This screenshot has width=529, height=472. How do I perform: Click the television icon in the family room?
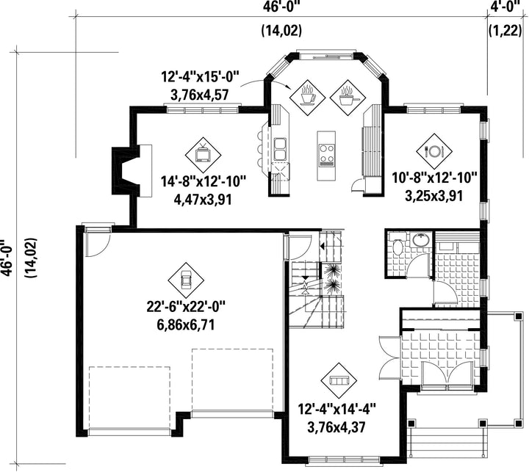pyautogui.click(x=203, y=155)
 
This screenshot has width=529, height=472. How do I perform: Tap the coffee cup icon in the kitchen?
pyautogui.click(x=307, y=97)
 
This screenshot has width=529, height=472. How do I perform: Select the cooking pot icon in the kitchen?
pyautogui.click(x=348, y=98)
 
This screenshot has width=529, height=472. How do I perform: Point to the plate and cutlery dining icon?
pyautogui.click(x=434, y=150)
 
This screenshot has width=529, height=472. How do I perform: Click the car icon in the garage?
pyautogui.click(x=186, y=280)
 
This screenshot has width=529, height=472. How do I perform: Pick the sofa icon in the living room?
pyautogui.click(x=339, y=380)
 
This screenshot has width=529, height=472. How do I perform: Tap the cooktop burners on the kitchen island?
pyautogui.click(x=327, y=154)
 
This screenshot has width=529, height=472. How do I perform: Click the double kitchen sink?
pyautogui.click(x=280, y=149)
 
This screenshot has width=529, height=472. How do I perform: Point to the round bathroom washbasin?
pyautogui.click(x=421, y=240)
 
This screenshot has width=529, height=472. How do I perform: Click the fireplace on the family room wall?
pyautogui.click(x=132, y=171)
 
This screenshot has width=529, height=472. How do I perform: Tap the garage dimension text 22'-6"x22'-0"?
pyautogui.click(x=186, y=307)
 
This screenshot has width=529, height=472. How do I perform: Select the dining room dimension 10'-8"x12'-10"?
pyautogui.click(x=434, y=178)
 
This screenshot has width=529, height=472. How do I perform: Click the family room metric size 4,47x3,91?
pyautogui.click(x=203, y=200)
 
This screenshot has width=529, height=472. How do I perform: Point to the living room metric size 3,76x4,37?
pyautogui.click(x=337, y=427)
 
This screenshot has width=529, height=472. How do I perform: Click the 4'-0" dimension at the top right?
pyautogui.click(x=505, y=6)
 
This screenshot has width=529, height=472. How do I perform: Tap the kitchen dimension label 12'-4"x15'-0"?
pyautogui.click(x=200, y=77)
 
